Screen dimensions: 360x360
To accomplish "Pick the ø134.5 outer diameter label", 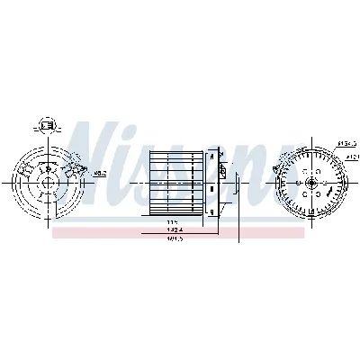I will pyautogui.click(x=346, y=142).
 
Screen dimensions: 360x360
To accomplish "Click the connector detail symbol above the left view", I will pyautogui.click(x=47, y=125).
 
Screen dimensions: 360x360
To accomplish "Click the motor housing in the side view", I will pyautogui.click(x=212, y=184).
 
